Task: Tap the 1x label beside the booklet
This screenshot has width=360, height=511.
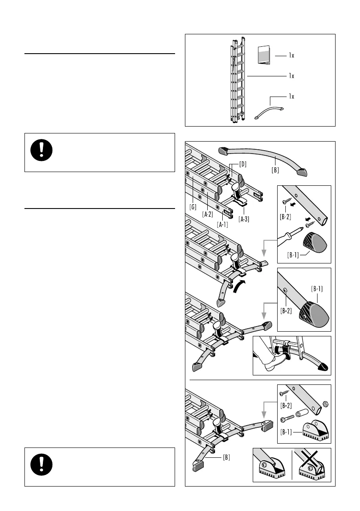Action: (x=291, y=55)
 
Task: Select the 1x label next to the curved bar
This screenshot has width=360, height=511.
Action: (x=291, y=96)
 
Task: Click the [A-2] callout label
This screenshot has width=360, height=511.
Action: (x=208, y=214)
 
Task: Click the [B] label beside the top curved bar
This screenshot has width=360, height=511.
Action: (x=275, y=170)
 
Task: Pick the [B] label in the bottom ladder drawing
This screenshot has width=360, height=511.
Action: (x=226, y=458)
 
